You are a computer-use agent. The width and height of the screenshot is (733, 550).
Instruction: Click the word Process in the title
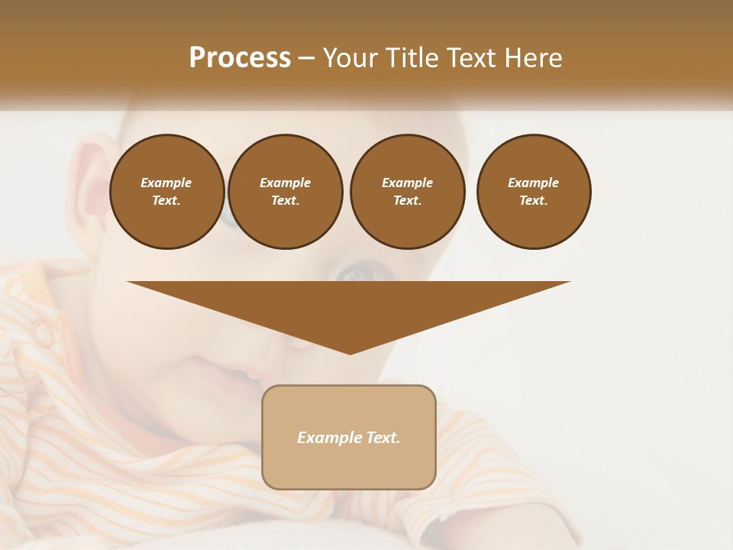point(240,58)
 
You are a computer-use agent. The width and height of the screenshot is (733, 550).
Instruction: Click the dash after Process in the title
point(307,59)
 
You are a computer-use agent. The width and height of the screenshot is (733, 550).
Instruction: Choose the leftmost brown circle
point(166,192)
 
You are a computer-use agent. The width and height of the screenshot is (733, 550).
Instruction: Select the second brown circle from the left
point(285,192)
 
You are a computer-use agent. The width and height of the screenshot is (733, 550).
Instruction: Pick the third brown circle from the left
point(407,192)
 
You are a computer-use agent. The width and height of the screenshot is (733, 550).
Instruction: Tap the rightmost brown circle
point(534,192)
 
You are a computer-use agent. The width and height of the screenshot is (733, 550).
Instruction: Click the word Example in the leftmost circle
point(166,183)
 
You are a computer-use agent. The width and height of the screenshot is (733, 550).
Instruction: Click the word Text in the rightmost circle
point(533,201)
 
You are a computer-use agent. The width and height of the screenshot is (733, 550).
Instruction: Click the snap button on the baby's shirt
point(43,331)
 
